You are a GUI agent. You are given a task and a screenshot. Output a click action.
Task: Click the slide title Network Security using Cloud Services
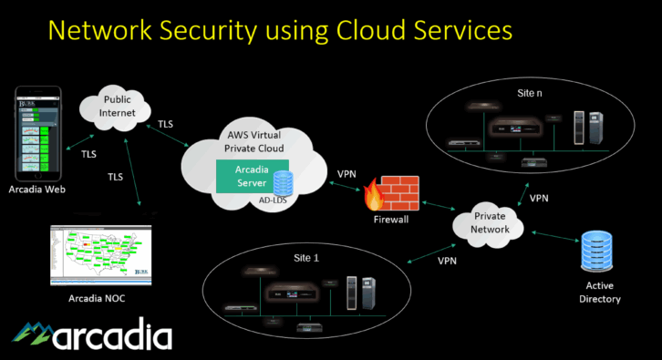point(279,30)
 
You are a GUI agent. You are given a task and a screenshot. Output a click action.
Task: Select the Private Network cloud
point(490,222)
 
